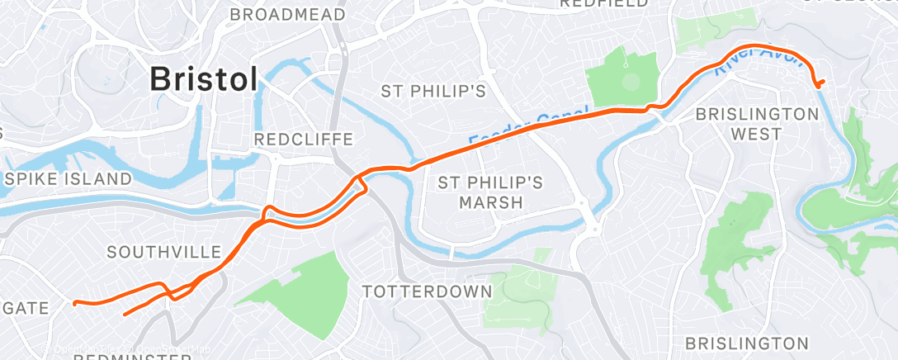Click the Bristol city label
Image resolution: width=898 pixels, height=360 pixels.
pos(203,80)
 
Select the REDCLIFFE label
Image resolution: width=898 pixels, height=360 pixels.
pos(303,139)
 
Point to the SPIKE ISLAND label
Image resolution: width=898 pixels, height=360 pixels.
pos(69,178)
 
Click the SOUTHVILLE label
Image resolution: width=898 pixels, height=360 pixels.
pos(165,252)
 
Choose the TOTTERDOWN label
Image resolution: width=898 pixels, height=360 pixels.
pos(428,291)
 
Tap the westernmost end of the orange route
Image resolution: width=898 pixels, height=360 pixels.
pos(74,303)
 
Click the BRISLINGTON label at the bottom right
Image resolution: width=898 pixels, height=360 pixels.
pos(746,343)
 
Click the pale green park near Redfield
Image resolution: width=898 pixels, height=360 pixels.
pos(715,29)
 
